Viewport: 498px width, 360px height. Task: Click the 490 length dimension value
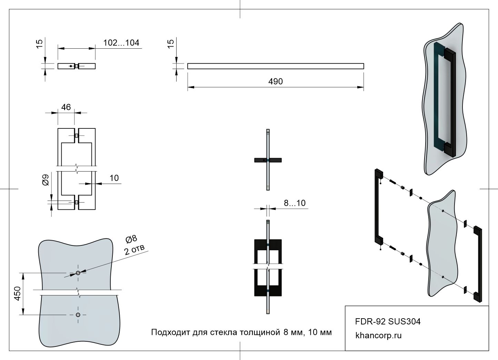tap(275, 81)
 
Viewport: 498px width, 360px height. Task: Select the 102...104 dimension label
tap(121, 43)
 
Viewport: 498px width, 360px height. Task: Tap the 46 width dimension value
tap(66, 107)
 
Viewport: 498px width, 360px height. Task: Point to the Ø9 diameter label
tap(46, 180)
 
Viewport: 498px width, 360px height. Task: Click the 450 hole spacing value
tap(18, 293)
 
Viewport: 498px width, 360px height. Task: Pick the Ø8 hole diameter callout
tap(131, 239)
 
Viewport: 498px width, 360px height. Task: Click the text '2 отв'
tap(135, 249)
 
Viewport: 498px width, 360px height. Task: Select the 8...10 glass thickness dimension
tap(295, 203)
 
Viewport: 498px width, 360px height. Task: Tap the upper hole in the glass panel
tap(78, 273)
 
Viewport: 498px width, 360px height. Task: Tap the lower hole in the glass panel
tap(78, 315)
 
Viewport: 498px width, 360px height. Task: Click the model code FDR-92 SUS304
tap(388, 322)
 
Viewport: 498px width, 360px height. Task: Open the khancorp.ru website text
tap(378, 335)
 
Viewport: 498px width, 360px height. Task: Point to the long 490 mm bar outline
tap(275, 66)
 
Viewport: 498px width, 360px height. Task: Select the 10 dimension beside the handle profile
tap(114, 178)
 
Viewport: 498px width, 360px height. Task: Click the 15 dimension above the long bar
tap(171, 44)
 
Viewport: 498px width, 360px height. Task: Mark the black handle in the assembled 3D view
tap(450, 104)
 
